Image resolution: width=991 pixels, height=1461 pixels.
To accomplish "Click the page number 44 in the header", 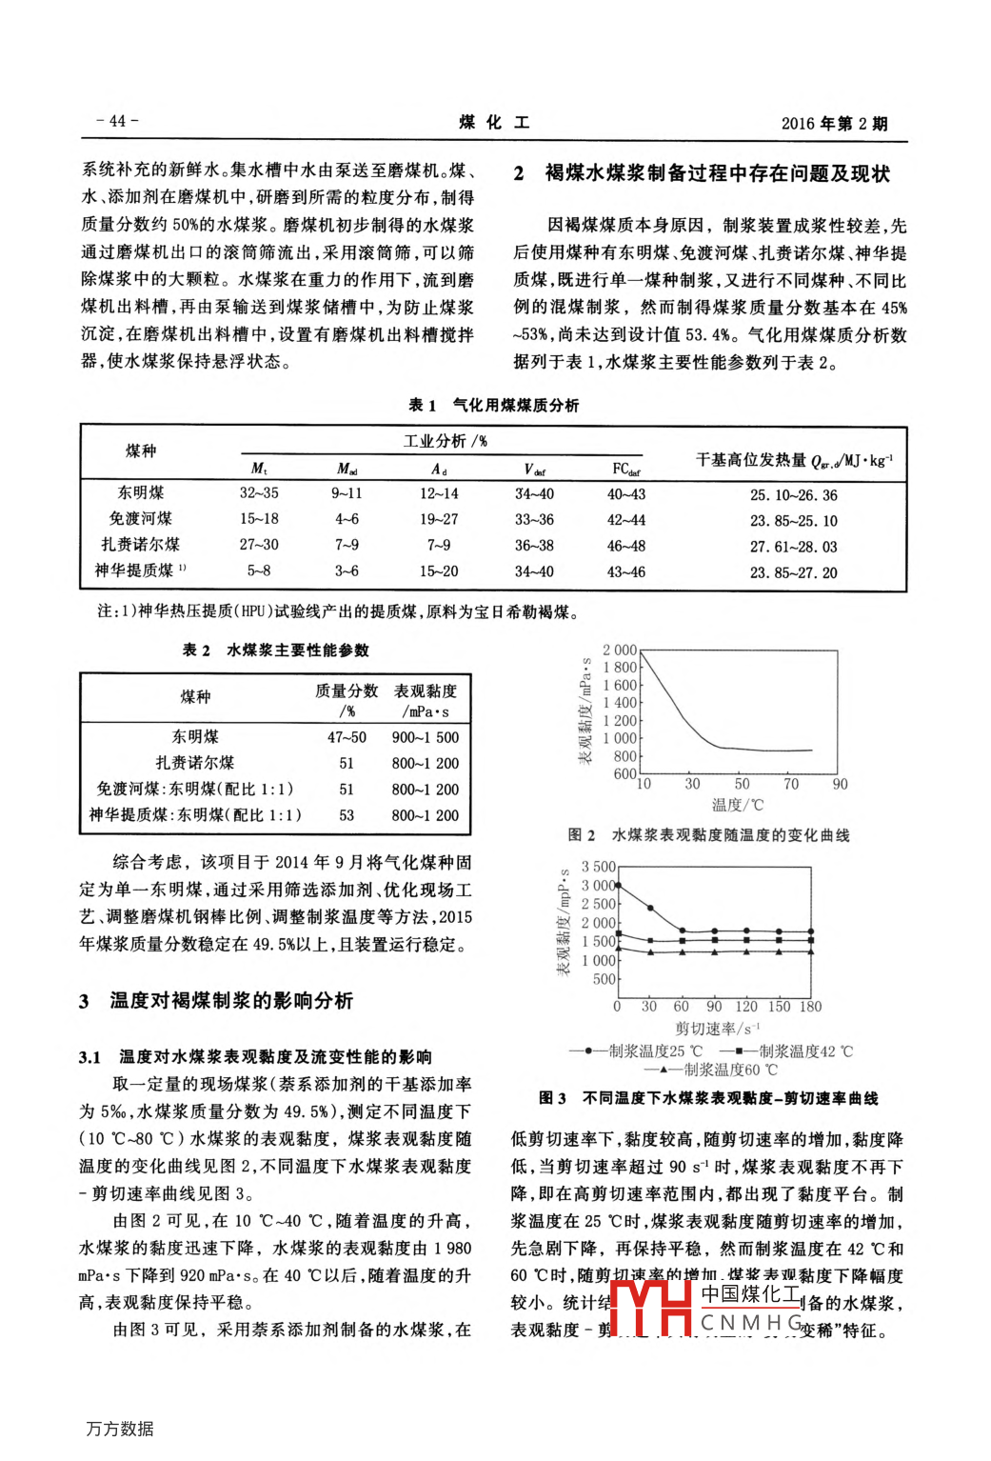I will point(117,121).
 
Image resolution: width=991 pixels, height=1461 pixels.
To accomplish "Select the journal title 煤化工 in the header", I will point(494,123).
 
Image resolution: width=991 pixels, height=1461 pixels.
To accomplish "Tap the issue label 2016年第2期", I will point(834,123).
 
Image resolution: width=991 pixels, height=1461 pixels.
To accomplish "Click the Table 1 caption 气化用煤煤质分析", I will point(515,405).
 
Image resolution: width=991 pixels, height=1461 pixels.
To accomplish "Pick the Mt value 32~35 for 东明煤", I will point(259,493).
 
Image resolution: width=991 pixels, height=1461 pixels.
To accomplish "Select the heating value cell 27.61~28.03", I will point(793,547).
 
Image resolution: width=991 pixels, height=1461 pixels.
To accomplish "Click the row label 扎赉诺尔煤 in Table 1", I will point(141,545).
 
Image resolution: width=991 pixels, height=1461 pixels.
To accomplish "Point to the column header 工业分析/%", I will point(445,441).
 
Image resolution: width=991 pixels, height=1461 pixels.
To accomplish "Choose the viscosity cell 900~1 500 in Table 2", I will point(425,737).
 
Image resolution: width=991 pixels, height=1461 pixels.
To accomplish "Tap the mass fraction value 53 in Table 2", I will point(347,815).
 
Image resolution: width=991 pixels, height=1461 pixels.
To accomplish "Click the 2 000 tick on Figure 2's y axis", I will point(619,650).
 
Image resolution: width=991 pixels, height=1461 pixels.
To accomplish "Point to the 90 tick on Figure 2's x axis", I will point(840,784).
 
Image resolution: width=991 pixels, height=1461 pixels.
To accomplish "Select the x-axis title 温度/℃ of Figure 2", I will point(738,805).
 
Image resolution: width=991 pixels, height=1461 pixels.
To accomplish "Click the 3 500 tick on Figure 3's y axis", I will point(599,867).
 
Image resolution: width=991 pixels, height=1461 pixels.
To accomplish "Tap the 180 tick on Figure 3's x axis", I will point(810,1007).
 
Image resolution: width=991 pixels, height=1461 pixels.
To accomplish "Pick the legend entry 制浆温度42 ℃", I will point(805,1051).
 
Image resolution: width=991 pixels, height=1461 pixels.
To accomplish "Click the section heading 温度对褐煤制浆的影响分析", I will point(231,1001).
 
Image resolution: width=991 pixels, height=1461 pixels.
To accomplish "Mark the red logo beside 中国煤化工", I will point(651,1308).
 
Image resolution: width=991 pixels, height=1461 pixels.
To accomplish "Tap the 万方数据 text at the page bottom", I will point(120,1429).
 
